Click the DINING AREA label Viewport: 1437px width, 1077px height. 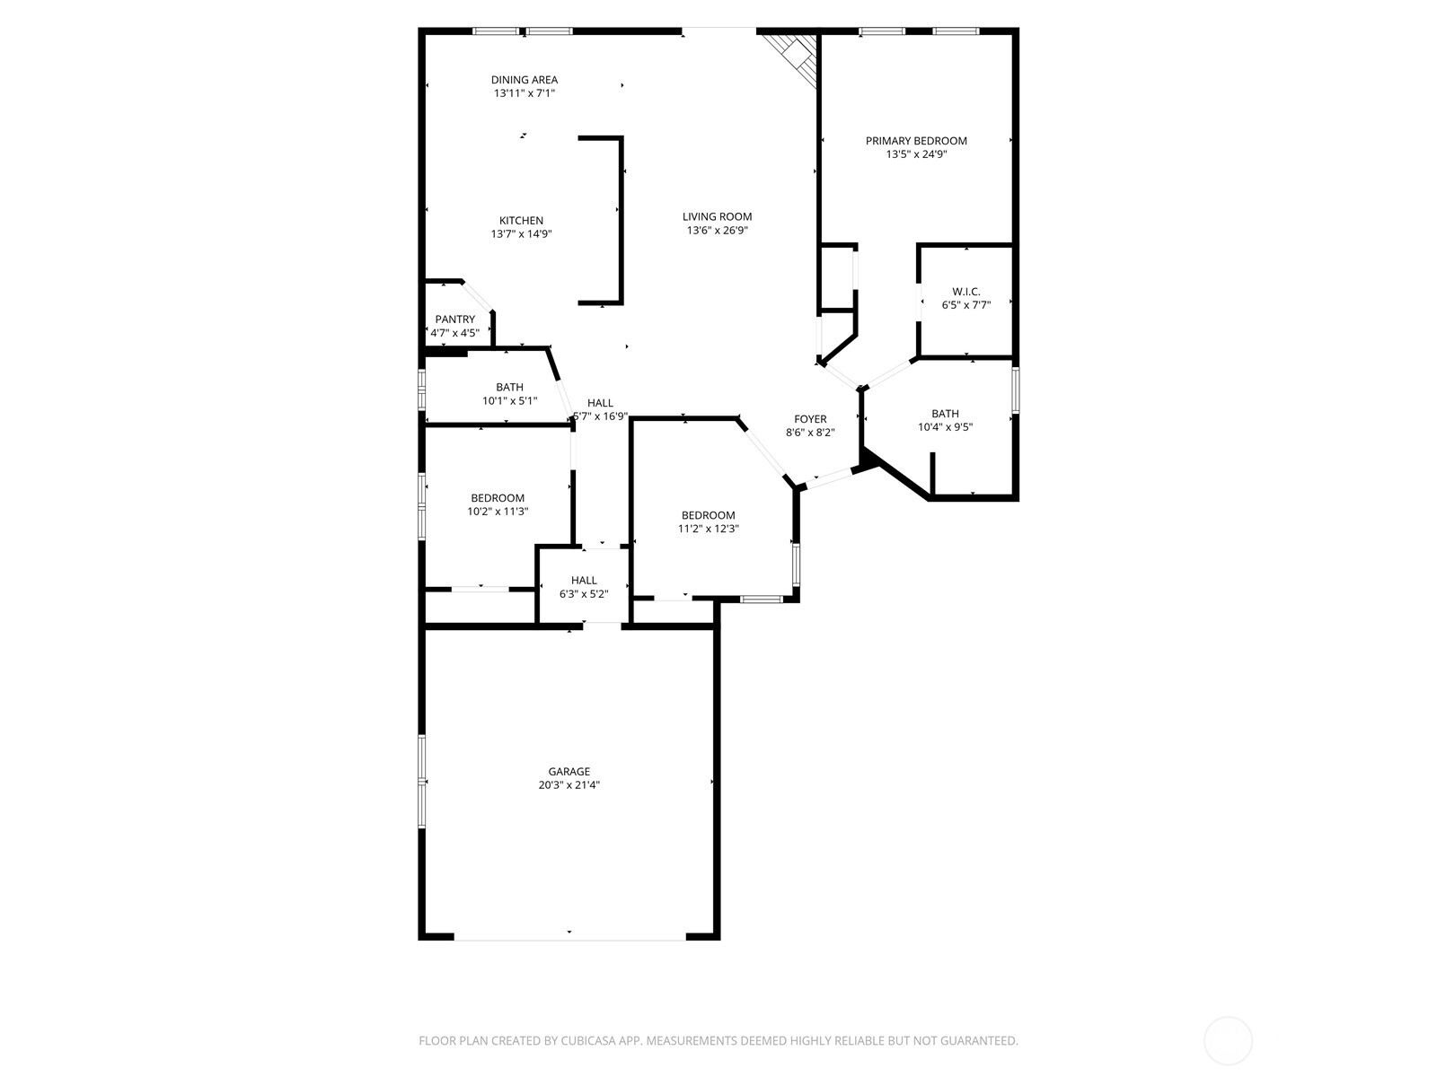pyautogui.click(x=524, y=80)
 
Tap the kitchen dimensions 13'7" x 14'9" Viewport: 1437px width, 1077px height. pyautogui.click(x=521, y=234)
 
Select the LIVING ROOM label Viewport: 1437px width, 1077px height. pyautogui.click(x=717, y=216)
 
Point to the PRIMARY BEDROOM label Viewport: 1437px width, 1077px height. pyautogui.click(x=916, y=141)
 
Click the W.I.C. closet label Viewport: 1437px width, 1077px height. pyautogui.click(x=966, y=292)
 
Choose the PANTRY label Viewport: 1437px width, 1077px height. pyautogui.click(x=455, y=320)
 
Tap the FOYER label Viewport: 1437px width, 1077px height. pyautogui.click(x=810, y=419)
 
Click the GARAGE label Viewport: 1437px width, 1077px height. pyautogui.click(x=569, y=771)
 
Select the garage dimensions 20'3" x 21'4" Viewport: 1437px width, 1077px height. pyautogui.click(x=569, y=785)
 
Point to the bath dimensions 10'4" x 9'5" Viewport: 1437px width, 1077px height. pyautogui.click(x=945, y=427)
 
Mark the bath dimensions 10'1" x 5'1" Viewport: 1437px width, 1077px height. pyautogui.click(x=510, y=401)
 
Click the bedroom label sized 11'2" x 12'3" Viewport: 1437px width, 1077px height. pyautogui.click(x=708, y=515)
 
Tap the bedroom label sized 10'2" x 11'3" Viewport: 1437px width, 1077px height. pyautogui.click(x=498, y=498)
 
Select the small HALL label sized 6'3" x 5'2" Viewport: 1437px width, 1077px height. pyautogui.click(x=584, y=581)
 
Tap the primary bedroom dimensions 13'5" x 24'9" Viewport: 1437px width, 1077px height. pyautogui.click(x=916, y=154)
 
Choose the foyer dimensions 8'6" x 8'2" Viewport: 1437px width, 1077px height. pyautogui.click(x=810, y=433)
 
